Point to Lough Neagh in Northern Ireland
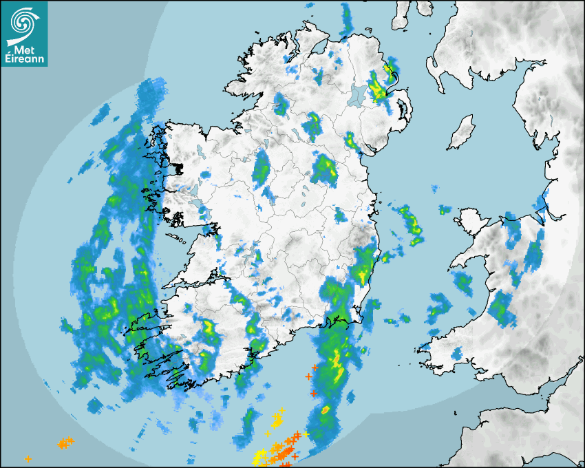(358, 95)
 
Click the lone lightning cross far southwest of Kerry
(28, 458)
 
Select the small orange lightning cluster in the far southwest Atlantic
(65, 443)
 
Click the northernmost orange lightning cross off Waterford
(314, 368)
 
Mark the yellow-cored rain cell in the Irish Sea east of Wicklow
(409, 222)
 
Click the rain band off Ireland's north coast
(346, 21)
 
